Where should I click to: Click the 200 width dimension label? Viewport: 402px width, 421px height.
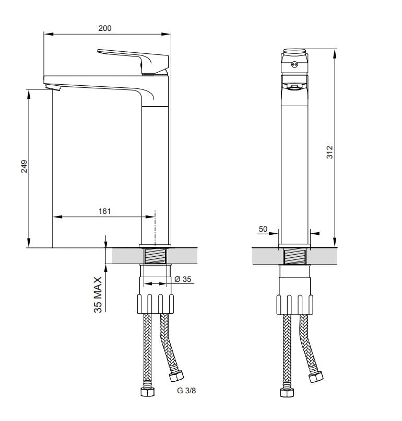coord(105,28)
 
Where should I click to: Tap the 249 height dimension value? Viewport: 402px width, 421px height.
coord(24,166)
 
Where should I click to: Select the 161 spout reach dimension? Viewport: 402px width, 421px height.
coord(104,211)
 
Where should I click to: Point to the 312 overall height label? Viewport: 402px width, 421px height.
coord(329,152)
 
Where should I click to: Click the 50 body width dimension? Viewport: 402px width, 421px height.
coord(263,229)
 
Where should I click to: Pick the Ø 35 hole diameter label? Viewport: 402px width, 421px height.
coord(183,279)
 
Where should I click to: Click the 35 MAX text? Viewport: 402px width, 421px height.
coord(98,295)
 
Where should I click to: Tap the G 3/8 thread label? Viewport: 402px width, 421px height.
coord(186,391)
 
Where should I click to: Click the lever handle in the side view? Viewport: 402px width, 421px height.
coord(133,61)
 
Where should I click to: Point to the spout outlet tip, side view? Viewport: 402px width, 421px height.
coord(53,87)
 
